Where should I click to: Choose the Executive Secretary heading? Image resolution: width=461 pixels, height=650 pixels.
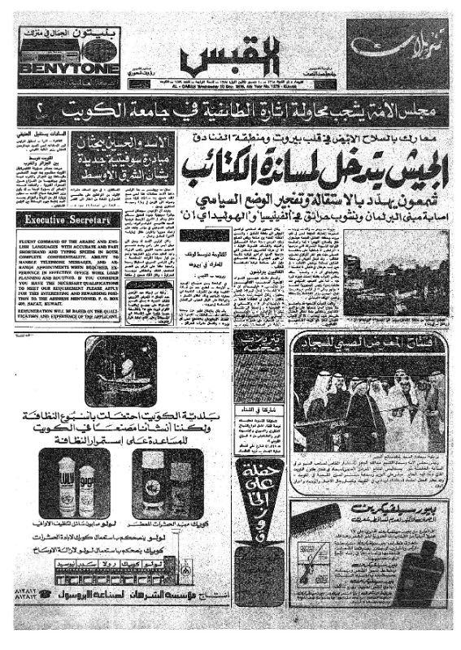click(x=62, y=219)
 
